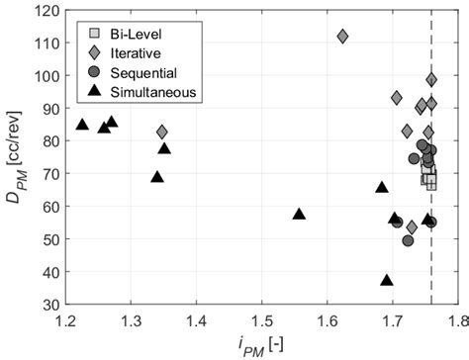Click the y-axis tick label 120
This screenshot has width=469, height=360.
click(46, 11)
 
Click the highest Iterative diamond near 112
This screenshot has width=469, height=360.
click(342, 36)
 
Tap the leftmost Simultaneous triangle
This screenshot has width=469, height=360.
click(82, 125)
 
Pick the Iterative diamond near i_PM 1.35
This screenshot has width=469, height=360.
click(162, 132)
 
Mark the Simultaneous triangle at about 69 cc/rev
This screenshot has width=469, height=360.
click(156, 177)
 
